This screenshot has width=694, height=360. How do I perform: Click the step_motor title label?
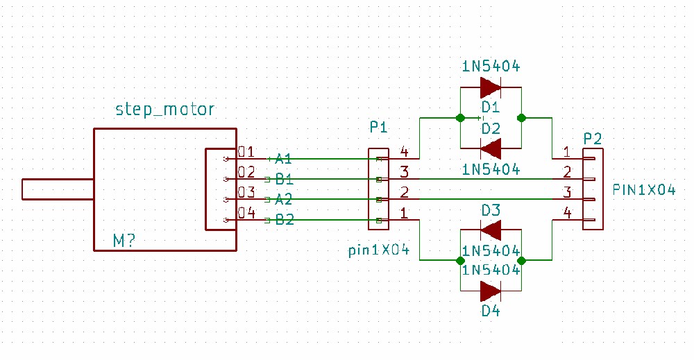coord(164,109)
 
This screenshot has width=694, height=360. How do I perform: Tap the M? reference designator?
coord(124,241)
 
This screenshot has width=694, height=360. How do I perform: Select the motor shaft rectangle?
coord(58,189)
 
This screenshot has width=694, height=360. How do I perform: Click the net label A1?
coord(283,158)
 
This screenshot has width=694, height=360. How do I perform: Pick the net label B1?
coord(284,179)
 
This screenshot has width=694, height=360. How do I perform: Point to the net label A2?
coord(283,200)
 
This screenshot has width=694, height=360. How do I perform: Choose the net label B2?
coord(284,220)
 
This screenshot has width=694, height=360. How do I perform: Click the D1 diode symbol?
coord(491,87)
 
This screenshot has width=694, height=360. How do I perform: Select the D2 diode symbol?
coord(491,148)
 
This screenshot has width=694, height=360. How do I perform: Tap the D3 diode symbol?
coord(491,230)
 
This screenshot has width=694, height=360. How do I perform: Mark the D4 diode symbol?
coord(491,291)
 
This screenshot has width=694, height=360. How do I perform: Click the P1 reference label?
coord(378,128)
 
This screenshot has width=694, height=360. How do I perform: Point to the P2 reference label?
coord(593,139)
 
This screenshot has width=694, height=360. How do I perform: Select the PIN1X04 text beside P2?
coord(644,190)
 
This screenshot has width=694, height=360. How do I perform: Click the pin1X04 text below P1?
coord(379,250)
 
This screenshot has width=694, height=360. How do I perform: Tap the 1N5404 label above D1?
coord(491,67)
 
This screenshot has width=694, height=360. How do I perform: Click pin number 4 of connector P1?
coord(404,152)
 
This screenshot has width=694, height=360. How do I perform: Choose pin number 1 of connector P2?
coord(566,152)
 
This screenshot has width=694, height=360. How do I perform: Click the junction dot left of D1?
coord(460,118)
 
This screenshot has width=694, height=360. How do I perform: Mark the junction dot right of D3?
coord(521,261)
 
